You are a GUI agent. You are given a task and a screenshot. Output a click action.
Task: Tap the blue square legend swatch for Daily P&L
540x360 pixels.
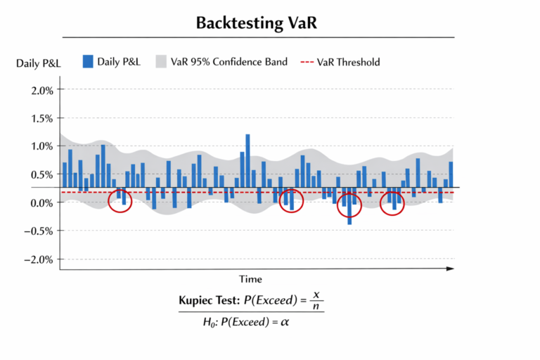[87, 61]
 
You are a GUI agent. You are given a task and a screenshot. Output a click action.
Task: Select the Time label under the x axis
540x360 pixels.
[250, 279]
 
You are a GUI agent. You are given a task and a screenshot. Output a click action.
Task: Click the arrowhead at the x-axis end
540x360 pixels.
[451, 269]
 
